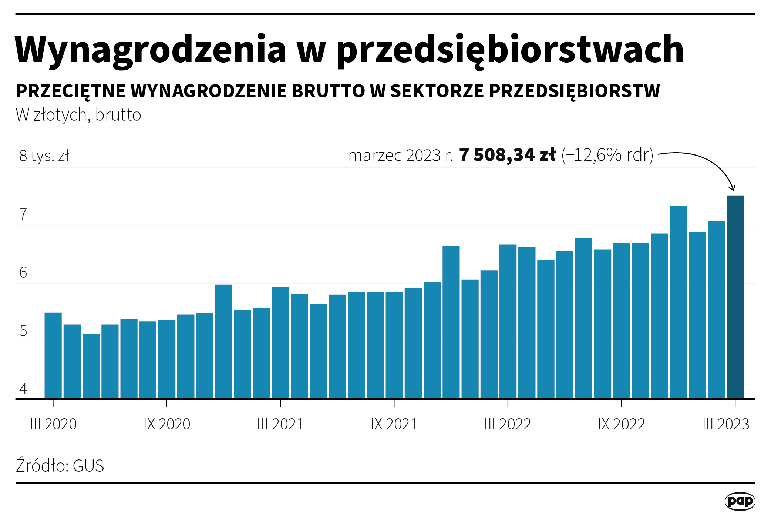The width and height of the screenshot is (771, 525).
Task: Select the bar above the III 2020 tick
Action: (x=53, y=355)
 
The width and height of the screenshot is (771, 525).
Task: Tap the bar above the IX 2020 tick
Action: (x=167, y=359)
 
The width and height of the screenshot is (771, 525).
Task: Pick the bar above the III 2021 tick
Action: (x=280, y=343)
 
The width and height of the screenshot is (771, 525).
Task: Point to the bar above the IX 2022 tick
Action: (x=622, y=321)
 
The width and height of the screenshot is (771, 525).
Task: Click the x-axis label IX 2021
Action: (x=394, y=424)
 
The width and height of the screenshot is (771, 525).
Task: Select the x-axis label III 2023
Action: (x=725, y=424)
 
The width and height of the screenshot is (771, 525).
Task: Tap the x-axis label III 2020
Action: (x=53, y=424)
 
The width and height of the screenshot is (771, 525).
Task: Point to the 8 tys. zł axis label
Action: (x=44, y=156)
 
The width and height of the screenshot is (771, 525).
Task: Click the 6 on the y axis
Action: (x=23, y=273)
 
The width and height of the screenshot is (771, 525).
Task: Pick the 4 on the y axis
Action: (x=23, y=389)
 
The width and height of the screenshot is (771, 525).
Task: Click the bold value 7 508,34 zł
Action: (x=507, y=155)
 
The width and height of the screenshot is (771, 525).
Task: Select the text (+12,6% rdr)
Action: (x=607, y=155)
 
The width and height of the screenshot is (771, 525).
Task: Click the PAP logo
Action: (x=740, y=501)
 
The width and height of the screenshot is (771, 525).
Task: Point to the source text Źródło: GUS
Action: (x=60, y=466)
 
